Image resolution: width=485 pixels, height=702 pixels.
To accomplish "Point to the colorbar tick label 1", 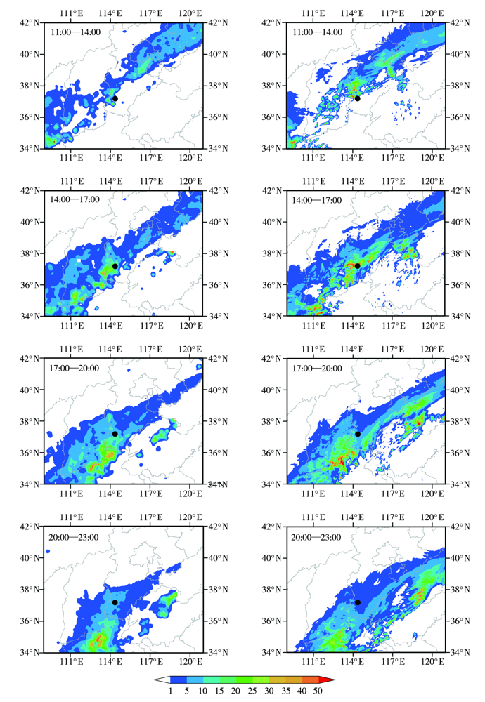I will point(169,691).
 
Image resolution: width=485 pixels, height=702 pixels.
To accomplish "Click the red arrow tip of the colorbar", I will point(327,680).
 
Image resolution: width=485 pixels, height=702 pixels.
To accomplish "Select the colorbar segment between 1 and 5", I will point(179,680).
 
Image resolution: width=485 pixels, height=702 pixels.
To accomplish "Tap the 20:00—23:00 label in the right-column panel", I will point(317,537).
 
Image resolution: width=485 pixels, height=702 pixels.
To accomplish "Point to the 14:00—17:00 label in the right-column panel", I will point(317,200).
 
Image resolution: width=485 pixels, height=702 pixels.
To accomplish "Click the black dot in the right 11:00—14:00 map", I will point(357,98).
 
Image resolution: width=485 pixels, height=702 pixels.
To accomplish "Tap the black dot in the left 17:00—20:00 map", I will point(115,434).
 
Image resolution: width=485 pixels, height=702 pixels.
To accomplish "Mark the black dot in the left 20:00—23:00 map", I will point(115,602).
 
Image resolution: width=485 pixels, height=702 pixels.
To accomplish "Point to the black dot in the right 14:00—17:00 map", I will point(357,265).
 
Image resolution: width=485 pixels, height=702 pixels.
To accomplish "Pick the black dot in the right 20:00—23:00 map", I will point(357,602).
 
